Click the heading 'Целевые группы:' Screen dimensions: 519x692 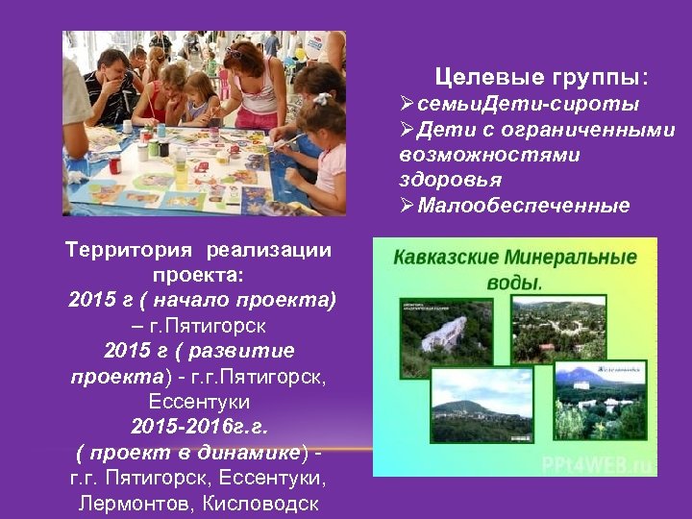click(541, 75)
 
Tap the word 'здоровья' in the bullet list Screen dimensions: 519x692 click(439, 180)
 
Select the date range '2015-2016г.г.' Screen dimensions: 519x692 click(199, 426)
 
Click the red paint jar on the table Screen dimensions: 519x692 click(115, 164)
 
